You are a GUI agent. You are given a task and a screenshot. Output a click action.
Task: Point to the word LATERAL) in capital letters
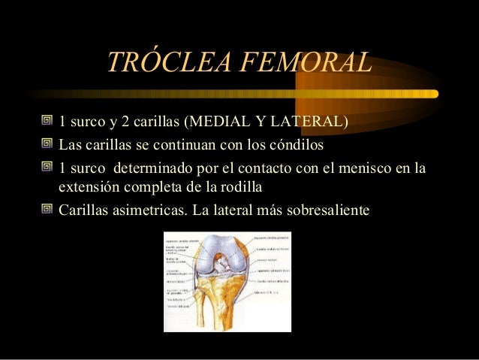pos(313,123)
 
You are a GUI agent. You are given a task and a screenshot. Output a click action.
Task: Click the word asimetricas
pos(147,209)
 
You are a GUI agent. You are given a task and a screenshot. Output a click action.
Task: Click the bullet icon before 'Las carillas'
pos(48,144)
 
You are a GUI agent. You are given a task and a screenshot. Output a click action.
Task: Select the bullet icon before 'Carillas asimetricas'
pos(48,209)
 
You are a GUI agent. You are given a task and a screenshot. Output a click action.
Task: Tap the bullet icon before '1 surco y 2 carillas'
pos(48,123)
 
